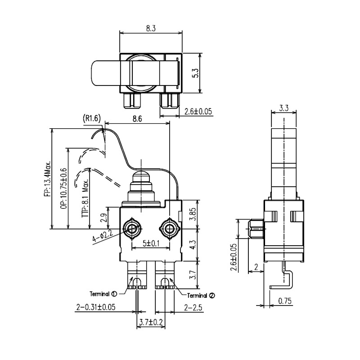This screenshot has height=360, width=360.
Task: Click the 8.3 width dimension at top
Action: point(151,28)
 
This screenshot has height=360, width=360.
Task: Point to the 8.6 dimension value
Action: point(138,120)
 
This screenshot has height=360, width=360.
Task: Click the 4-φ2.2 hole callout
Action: point(102,236)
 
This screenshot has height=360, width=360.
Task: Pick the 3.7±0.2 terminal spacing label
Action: point(150,323)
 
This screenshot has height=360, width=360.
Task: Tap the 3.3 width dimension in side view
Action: point(284,108)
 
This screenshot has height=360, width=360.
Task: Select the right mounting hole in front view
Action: point(170,228)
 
